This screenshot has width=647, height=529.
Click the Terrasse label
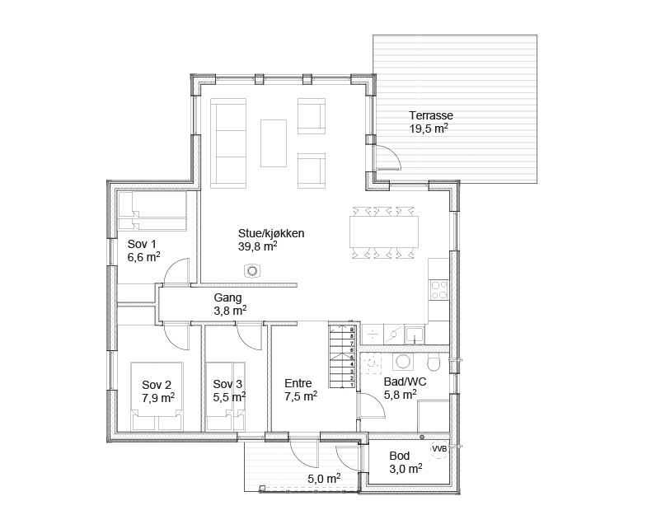click(x=431, y=115)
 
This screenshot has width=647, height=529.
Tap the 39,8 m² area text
click(x=257, y=246)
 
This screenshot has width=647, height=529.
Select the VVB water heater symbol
click(x=439, y=449)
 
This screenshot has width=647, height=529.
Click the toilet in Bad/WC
click(x=434, y=363)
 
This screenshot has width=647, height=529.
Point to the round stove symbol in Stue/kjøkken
click(x=251, y=271)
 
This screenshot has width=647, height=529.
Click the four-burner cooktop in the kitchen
click(x=438, y=290)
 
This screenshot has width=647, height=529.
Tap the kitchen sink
click(x=415, y=335)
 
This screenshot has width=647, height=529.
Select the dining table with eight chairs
click(x=384, y=232)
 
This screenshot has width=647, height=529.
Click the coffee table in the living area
click(x=273, y=143)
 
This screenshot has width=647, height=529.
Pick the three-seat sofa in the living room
click(x=228, y=143)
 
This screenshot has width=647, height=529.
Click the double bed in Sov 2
click(x=157, y=396)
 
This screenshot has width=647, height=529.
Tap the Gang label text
click(x=227, y=297)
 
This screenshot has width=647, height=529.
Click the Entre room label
click(x=298, y=383)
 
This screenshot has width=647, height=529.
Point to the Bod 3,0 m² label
click(x=406, y=462)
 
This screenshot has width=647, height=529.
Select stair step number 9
click(x=352, y=330)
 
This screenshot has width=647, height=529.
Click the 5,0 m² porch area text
click(x=324, y=479)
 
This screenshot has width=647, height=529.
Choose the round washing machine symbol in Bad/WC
click(x=402, y=362)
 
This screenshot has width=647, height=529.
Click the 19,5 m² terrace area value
click(x=429, y=129)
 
